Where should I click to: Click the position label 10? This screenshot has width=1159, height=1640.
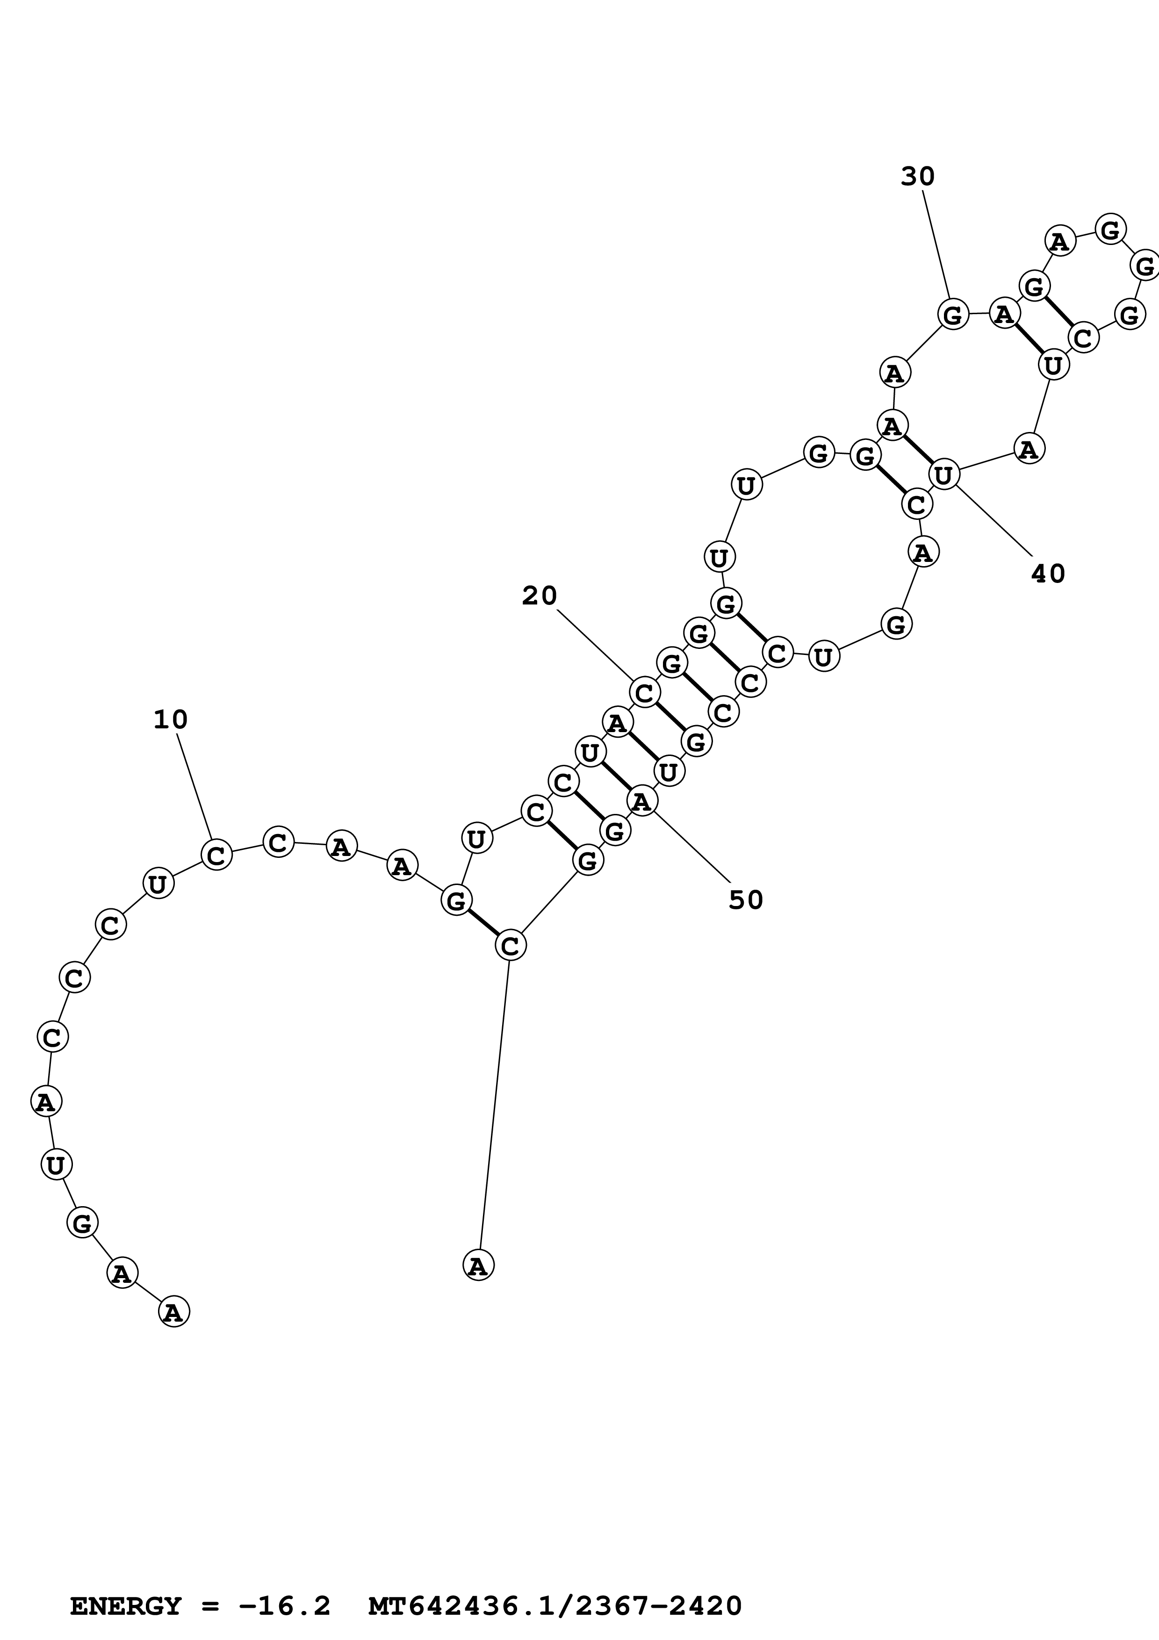[x=171, y=719]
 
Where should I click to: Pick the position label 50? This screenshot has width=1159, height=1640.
[x=746, y=900]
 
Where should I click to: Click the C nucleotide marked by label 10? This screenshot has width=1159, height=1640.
[x=216, y=854]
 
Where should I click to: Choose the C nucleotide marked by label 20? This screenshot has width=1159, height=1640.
[x=645, y=692]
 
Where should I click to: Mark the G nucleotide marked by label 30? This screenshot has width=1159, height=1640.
[x=953, y=314]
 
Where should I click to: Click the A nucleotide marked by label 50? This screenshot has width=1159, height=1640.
[x=642, y=802]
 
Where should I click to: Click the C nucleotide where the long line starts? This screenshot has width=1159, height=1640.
[x=510, y=945]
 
